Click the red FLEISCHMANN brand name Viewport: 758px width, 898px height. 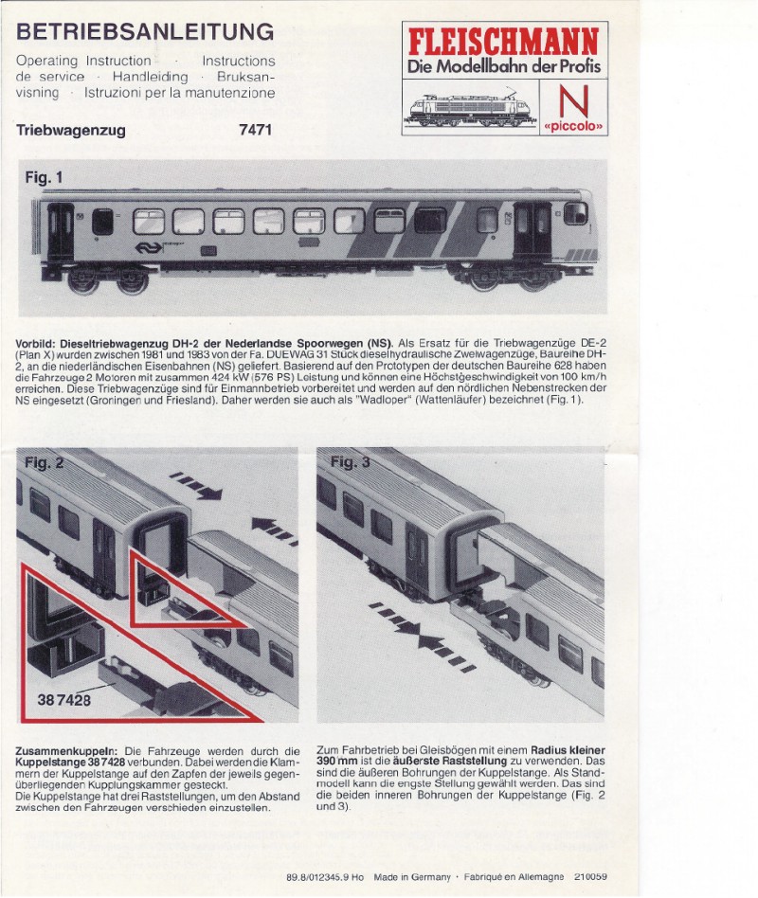click(503, 42)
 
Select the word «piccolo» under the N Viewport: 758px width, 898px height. click(573, 126)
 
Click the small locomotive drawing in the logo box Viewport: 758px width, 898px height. click(471, 107)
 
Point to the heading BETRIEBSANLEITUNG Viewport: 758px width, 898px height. click(145, 31)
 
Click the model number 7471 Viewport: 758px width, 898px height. click(256, 130)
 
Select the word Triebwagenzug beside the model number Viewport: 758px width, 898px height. click(71, 131)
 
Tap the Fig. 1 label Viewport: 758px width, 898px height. click(44, 177)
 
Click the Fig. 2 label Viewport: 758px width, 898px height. click(44, 463)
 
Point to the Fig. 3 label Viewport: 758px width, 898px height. click(350, 461)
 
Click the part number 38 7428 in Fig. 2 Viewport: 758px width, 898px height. click(64, 700)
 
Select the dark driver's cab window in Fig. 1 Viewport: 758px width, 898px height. click(576, 213)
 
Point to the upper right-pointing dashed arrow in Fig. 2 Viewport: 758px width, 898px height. click(195, 485)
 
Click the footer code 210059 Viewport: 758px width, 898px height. click(590, 877)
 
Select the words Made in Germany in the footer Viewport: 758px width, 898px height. click(412, 877)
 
